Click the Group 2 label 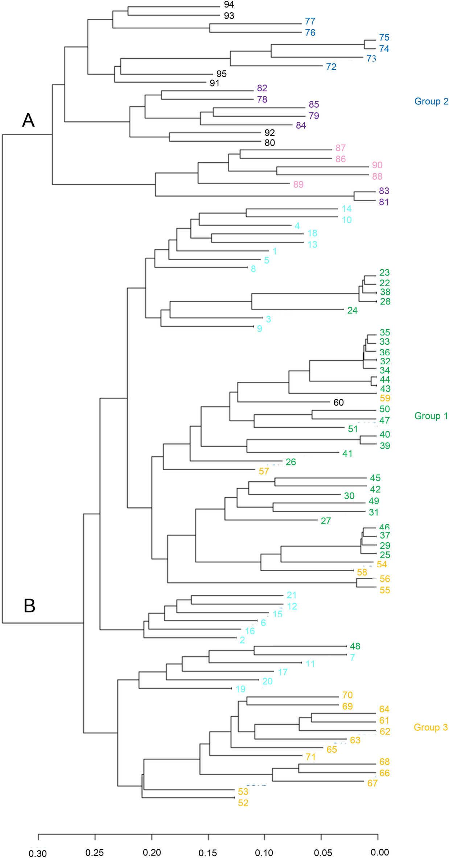(x=431, y=101)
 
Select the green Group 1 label (x=431, y=416)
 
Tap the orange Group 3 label (x=431, y=727)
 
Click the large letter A (x=28, y=120)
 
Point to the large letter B (x=29, y=605)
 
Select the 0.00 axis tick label (x=380, y=852)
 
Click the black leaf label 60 (x=338, y=402)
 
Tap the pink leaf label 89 (x=298, y=185)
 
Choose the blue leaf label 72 (x=331, y=67)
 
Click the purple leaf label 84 (x=301, y=125)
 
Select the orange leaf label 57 (x=264, y=471)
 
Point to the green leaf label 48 (x=355, y=646)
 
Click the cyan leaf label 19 (x=240, y=689)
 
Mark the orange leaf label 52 (x=243, y=803)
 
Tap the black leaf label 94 (x=229, y=5)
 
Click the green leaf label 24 (x=352, y=310)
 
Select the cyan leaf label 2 (x=242, y=640)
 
